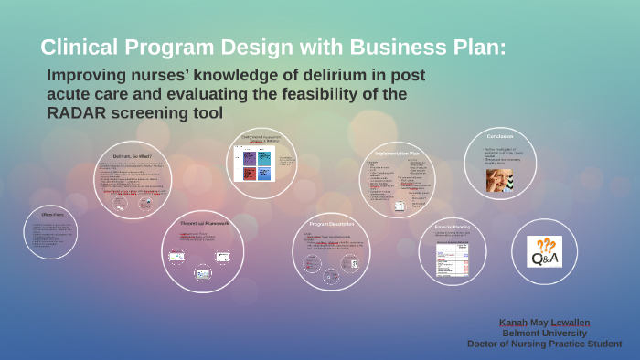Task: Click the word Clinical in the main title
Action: pos(78,47)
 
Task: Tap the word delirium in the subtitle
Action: pos(311,76)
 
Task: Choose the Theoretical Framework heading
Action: pos(203,223)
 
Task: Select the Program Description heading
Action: pos(331,223)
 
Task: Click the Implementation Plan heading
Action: pos(396,154)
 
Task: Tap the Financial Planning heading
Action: pos(451,225)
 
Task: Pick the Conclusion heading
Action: pos(506,137)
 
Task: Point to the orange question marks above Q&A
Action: pos(546,243)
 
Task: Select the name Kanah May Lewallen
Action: pos(545,323)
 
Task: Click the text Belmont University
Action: pos(545,334)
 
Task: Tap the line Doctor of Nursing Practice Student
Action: pos(545,344)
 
